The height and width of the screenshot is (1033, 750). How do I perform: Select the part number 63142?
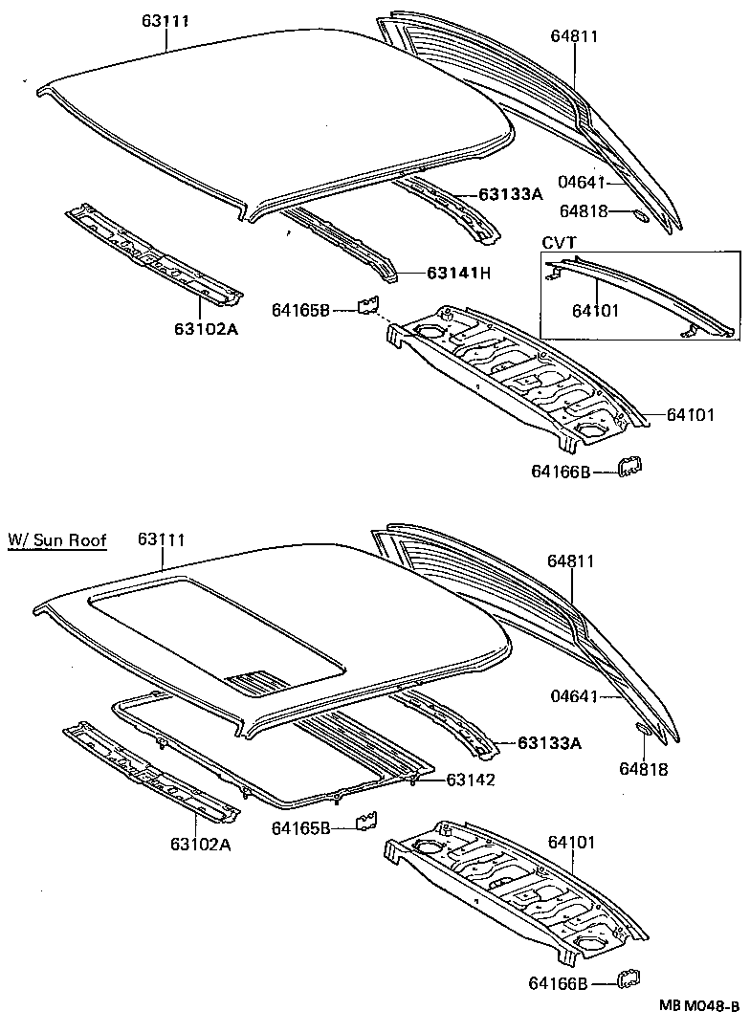470,780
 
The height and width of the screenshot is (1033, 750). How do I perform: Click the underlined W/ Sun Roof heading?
56,540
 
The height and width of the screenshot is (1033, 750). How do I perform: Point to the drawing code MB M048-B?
697,1005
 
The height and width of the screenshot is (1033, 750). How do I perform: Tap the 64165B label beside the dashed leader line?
300,309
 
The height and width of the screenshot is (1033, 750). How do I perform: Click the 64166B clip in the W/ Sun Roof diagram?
629,979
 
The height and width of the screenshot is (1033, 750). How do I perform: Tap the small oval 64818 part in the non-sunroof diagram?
642,215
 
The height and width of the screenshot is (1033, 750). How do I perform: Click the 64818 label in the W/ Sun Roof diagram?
642,769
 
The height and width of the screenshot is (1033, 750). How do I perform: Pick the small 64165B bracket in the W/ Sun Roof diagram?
366,823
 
